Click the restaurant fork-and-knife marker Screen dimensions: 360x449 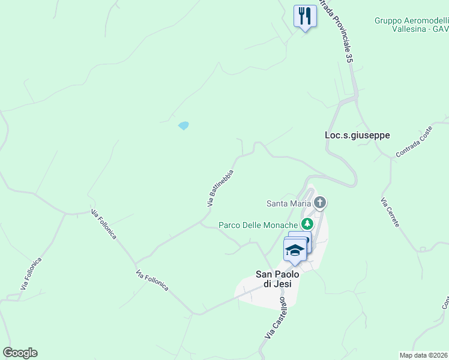point(305,16)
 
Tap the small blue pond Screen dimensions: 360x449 point(184,125)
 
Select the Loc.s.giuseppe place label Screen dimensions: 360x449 point(357,135)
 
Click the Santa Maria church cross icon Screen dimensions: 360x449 point(320,203)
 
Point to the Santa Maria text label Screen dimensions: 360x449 point(289,203)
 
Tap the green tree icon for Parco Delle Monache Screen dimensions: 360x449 point(307,224)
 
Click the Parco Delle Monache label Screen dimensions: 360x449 point(258,225)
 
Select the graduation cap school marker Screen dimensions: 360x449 point(295,250)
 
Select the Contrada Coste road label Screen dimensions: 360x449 point(414,146)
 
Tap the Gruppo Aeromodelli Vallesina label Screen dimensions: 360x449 point(412,24)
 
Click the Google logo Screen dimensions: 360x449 point(20,353)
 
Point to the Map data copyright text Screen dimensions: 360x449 point(424,355)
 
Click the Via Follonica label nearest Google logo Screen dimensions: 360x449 point(31,274)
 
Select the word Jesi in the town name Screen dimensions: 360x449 point(281,284)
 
